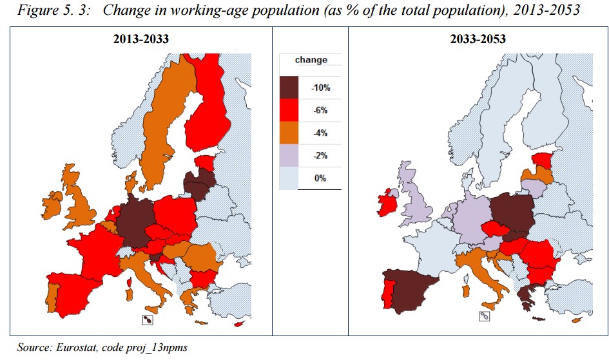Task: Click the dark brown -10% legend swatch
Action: [290, 87]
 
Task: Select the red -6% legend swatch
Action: [290, 110]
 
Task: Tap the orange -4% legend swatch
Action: [290, 133]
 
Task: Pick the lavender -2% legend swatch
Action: [290, 155]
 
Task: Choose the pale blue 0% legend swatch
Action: [290, 178]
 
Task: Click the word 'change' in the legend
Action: [311, 60]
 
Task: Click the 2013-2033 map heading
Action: [140, 39]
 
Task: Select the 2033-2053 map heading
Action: [478, 39]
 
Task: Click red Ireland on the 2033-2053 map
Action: [389, 204]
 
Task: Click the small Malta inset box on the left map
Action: [148, 320]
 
